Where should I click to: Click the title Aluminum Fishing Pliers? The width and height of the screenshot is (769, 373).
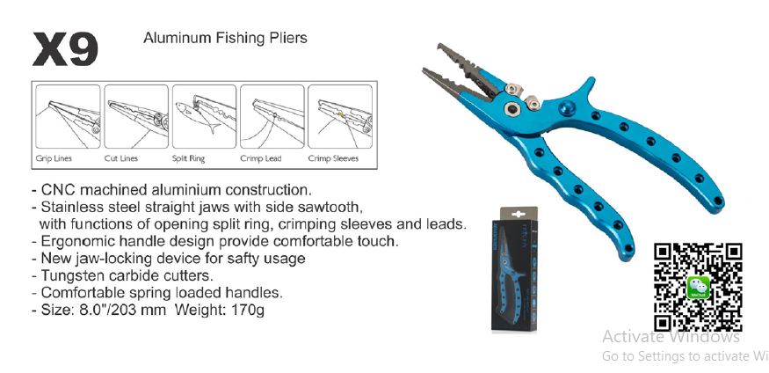pyautogui.click(x=224, y=39)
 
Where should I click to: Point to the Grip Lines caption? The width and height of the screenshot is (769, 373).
pyautogui.click(x=54, y=159)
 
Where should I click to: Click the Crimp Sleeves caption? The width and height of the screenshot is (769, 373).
pyautogui.click(x=332, y=159)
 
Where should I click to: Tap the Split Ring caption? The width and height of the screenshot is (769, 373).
pyautogui.click(x=191, y=159)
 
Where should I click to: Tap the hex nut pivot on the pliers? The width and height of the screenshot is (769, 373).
pyautogui.click(x=511, y=109)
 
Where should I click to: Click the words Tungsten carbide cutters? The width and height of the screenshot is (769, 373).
pyautogui.click(x=114, y=275)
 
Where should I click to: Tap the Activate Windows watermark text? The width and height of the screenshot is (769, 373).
pyautogui.click(x=671, y=337)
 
